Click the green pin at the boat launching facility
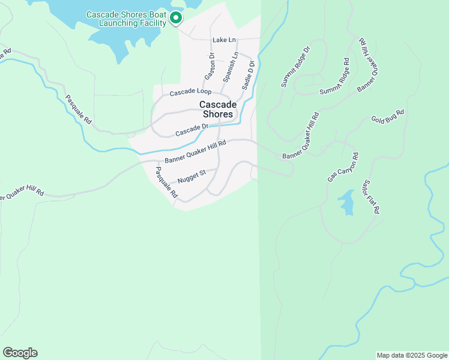175,19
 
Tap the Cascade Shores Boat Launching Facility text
126,19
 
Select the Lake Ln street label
224,40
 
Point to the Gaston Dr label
210,67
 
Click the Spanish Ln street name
231,67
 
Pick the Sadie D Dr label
249,74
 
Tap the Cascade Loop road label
190,92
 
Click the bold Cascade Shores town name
218,109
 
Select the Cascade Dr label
191,130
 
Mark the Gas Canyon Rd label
343,167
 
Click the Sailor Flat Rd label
372,196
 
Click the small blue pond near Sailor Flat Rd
346,202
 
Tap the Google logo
20,353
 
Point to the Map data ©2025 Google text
412,355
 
